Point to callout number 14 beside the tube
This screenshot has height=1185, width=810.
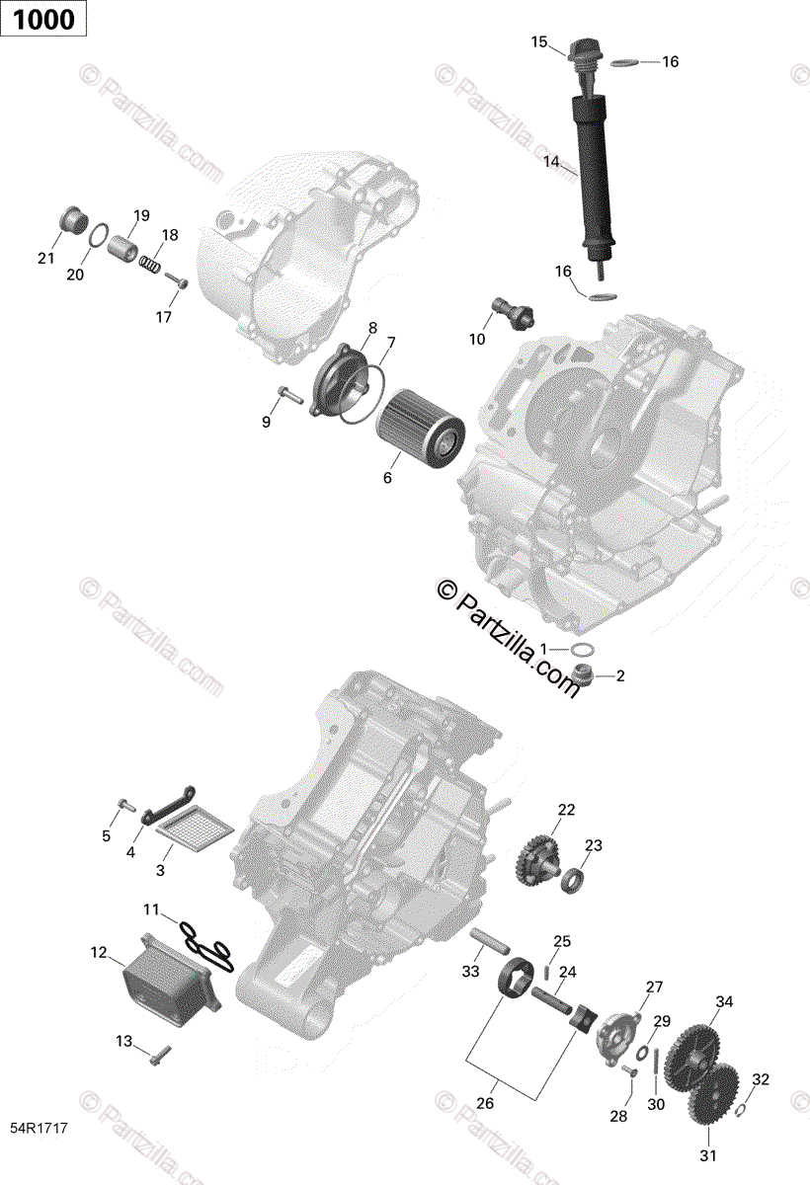550,160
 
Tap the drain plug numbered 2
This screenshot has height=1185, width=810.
583,677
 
